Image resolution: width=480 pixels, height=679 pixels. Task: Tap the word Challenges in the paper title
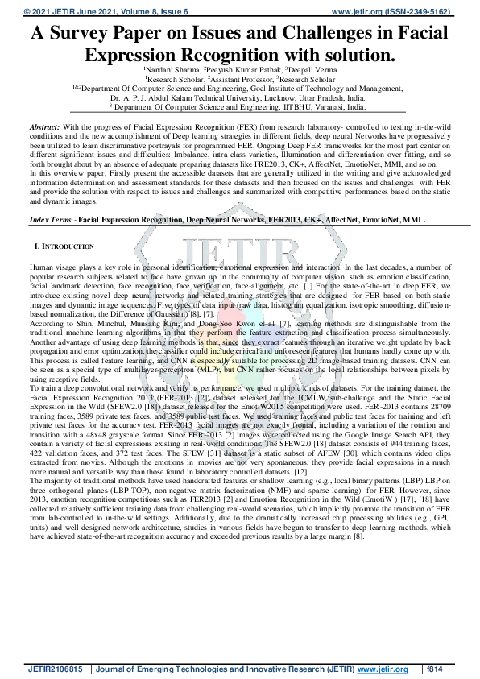[x=336, y=34]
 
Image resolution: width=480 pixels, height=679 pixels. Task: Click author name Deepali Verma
[x=309, y=71]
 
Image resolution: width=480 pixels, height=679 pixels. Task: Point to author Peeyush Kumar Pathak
[x=242, y=71]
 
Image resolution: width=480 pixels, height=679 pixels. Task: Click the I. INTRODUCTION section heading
[x=64, y=246]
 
